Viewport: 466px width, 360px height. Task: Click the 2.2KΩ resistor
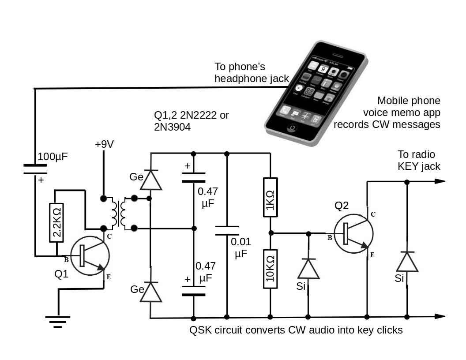[57, 222]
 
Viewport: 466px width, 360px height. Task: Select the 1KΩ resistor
[271, 197]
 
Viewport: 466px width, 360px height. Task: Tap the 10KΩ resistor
[271, 268]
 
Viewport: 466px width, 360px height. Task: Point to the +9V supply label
[104, 144]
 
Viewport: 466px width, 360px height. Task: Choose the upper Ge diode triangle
[151, 179]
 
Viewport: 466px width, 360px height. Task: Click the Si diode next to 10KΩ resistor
[308, 268]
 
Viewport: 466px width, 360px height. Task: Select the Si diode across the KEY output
[406, 262]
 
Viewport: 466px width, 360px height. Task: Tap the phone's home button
[291, 128]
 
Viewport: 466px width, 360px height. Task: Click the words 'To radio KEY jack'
[417, 161]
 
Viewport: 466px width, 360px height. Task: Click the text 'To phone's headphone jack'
[252, 73]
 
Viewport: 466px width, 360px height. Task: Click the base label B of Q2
[329, 238]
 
